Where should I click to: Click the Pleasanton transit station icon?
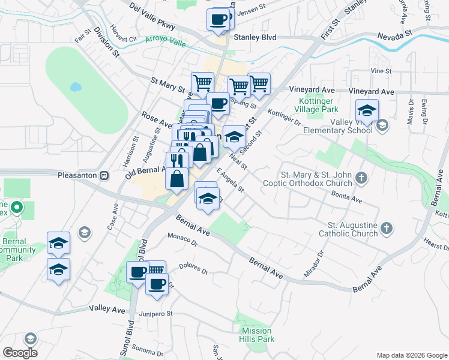(104, 176)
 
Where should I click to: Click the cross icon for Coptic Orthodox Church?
(361, 178)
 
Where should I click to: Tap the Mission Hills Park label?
(258, 335)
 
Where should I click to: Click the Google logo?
(20, 353)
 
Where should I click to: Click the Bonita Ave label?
(346, 196)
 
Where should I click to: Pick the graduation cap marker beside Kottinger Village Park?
(367, 112)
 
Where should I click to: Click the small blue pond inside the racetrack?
(75, 87)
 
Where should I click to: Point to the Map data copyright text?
(411, 355)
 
